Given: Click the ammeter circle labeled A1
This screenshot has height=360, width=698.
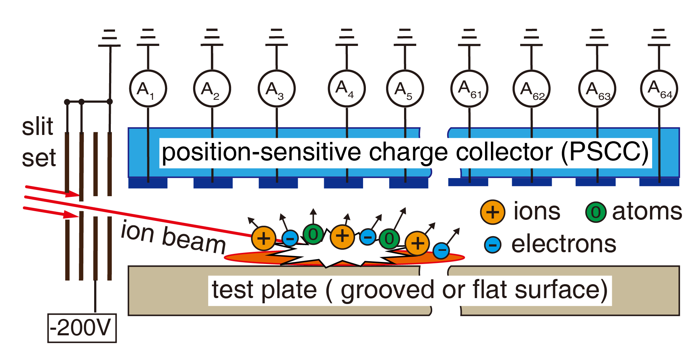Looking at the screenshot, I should click(148, 89).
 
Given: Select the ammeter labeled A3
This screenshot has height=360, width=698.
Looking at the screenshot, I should click(277, 89).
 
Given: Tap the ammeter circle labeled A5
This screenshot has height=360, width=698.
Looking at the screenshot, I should click(405, 89).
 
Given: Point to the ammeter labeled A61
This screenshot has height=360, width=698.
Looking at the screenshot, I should click(469, 89).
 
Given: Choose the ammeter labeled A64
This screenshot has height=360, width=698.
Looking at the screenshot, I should click(659, 89).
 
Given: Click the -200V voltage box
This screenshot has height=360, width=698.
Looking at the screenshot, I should click(82, 328).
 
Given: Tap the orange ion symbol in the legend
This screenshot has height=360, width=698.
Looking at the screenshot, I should click(492, 212).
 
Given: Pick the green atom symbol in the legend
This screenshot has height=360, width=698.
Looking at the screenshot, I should click(596, 212).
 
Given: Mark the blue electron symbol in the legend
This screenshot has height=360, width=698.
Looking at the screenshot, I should click(493, 245).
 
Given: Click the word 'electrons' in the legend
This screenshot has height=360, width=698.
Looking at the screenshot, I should click(564, 244).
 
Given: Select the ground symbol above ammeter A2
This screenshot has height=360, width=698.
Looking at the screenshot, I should click(212, 38).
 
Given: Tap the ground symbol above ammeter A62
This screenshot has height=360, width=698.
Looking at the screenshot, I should click(531, 38).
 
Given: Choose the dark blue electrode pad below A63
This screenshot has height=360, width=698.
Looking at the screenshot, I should click(596, 182).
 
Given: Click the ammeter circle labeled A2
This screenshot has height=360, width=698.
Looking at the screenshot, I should click(212, 89).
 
